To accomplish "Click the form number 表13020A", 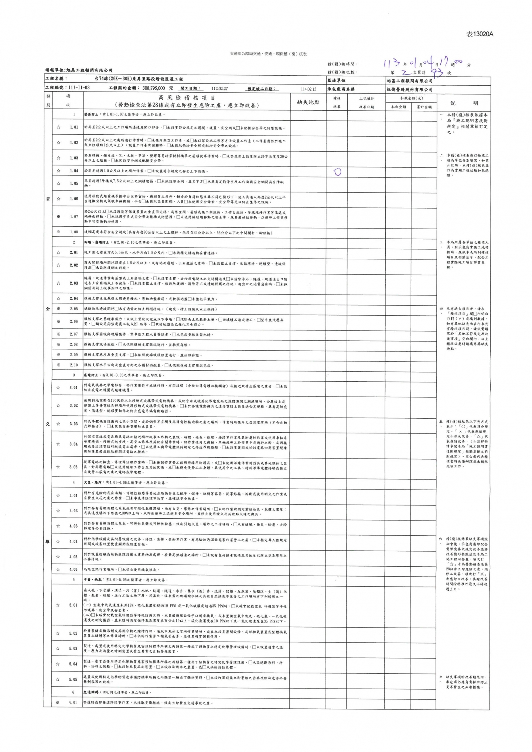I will [x=480, y=34].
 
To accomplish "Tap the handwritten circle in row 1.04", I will [x=337, y=172].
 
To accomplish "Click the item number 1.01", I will [x=74, y=127].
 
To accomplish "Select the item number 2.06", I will [x=74, y=322].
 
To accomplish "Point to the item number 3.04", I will [x=74, y=444].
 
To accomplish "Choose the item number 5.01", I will [x=73, y=605].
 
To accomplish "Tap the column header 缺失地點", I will [x=308, y=102].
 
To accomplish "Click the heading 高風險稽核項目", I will [x=187, y=98].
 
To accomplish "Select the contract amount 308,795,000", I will [x=153, y=89].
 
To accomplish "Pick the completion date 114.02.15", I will [x=309, y=89].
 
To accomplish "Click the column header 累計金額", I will [x=424, y=107].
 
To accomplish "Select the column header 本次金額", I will [x=399, y=107].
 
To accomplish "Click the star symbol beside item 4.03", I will [x=58, y=526].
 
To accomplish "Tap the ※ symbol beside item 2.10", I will [x=58, y=365].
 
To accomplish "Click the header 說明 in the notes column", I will [x=463, y=103].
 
